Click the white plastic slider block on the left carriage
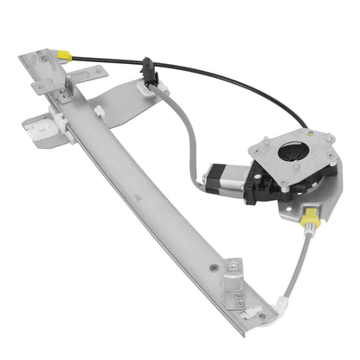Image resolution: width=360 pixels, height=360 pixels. click(x=44, y=128)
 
